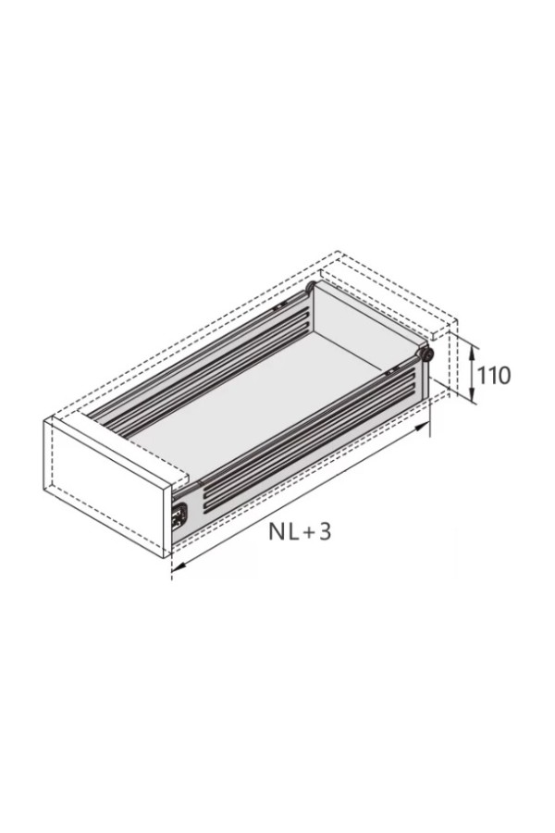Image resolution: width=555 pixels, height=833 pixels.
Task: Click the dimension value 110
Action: click(494, 376)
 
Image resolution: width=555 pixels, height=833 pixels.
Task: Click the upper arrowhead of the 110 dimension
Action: click(472, 350)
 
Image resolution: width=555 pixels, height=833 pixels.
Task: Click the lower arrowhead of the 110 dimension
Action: click(472, 394)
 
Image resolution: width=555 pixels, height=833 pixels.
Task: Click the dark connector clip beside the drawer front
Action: click(179, 516)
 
